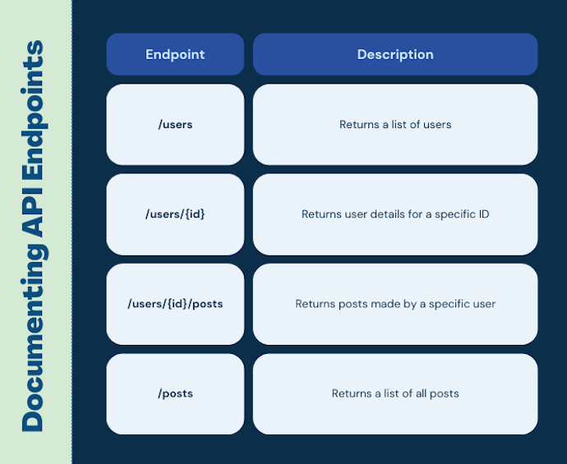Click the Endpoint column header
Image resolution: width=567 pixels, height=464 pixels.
click(x=175, y=54)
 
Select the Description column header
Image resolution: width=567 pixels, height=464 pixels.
click(x=395, y=54)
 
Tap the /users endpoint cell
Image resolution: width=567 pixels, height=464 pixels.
click(x=175, y=125)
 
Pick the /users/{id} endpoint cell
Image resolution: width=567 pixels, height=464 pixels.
click(x=175, y=214)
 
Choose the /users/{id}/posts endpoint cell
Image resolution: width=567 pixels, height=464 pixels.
click(x=175, y=304)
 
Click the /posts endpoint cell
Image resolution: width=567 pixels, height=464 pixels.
click(x=175, y=393)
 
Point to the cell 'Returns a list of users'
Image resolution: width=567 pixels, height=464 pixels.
click(x=395, y=125)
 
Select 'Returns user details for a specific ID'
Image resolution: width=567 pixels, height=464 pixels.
click(x=395, y=214)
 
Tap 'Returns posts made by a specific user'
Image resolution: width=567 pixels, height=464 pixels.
click(x=395, y=304)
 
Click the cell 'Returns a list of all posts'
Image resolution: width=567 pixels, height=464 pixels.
click(x=395, y=393)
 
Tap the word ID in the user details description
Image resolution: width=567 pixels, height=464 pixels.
click(x=482, y=214)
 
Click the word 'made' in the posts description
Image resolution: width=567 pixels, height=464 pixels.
click(x=374, y=304)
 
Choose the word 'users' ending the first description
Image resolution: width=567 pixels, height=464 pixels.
click(x=436, y=125)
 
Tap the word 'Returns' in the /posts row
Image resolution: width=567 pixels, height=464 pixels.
click(x=351, y=393)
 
